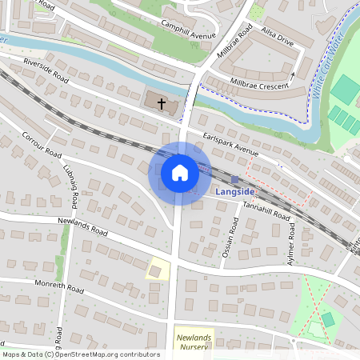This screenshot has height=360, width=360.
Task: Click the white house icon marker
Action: click(x=179, y=173)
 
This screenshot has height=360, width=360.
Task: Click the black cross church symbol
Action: click(x=162, y=104)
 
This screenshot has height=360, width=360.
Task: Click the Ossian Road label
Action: click(x=229, y=241)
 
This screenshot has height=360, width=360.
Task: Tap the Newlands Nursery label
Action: click(x=194, y=342)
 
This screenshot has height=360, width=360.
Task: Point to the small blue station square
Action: click(x=234, y=179)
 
